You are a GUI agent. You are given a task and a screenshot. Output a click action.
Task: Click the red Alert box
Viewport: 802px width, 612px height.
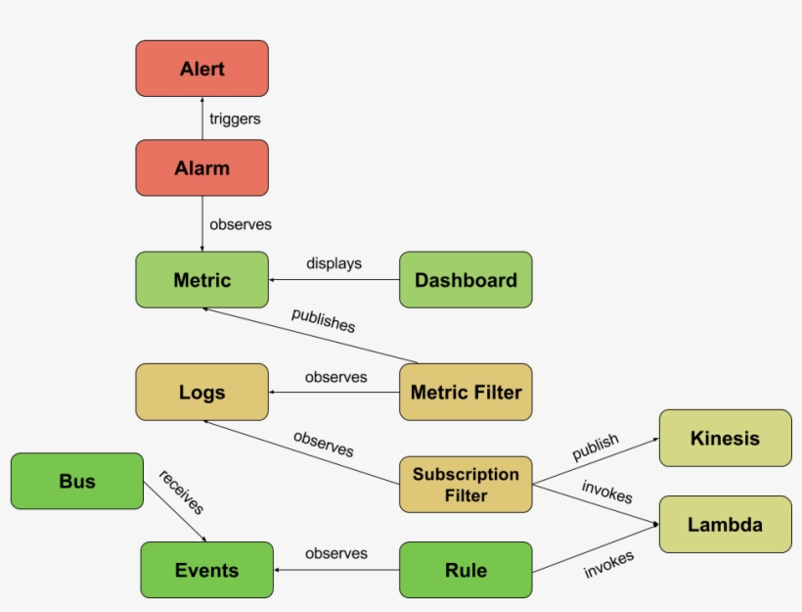point(201,69)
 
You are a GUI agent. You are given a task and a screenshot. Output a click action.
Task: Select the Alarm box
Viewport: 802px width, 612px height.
point(201,167)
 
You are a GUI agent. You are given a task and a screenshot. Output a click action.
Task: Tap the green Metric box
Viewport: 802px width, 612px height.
point(201,280)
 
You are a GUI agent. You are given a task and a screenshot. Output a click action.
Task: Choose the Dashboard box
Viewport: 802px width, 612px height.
point(466,280)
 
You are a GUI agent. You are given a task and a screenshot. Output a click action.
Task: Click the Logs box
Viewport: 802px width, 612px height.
point(201,393)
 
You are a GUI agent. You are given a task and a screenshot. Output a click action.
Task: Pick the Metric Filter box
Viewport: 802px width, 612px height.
point(466,393)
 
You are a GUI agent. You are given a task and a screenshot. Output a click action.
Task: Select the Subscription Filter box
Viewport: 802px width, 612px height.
point(466,484)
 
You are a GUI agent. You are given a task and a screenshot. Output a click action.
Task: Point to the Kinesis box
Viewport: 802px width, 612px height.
point(725,438)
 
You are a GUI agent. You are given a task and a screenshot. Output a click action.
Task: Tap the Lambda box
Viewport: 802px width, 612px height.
point(725,524)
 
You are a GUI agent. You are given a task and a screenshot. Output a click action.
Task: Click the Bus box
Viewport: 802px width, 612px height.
point(77,481)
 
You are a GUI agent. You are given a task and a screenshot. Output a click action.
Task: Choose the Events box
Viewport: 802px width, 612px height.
point(206,570)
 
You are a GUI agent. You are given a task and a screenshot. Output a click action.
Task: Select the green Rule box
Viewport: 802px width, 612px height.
point(466,570)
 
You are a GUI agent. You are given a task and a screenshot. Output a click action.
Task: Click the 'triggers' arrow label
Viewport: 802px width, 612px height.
point(235,118)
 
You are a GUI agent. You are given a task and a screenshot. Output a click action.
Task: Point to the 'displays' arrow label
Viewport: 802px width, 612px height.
point(334,263)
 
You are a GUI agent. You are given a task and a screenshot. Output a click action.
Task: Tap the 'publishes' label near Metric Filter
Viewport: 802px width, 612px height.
point(323,321)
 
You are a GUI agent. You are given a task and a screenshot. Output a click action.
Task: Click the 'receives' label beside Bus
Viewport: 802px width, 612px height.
point(181,492)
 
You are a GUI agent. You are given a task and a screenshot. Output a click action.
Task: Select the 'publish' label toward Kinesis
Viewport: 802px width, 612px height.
point(596,447)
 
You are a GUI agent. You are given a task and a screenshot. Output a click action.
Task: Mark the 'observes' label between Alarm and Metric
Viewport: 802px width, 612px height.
point(241,224)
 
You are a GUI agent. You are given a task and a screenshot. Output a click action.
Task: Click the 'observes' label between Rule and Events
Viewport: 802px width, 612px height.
point(336,553)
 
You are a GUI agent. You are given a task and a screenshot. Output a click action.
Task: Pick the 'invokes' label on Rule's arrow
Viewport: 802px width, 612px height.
point(608,565)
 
